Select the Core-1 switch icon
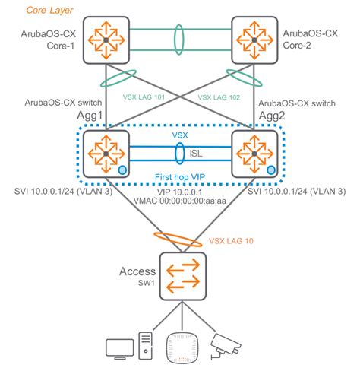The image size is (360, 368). [106, 40]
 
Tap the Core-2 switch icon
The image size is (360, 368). [252, 40]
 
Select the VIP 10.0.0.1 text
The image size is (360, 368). [180, 192]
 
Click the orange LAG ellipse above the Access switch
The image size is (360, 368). [180, 237]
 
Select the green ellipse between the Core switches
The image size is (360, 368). [180, 39]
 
